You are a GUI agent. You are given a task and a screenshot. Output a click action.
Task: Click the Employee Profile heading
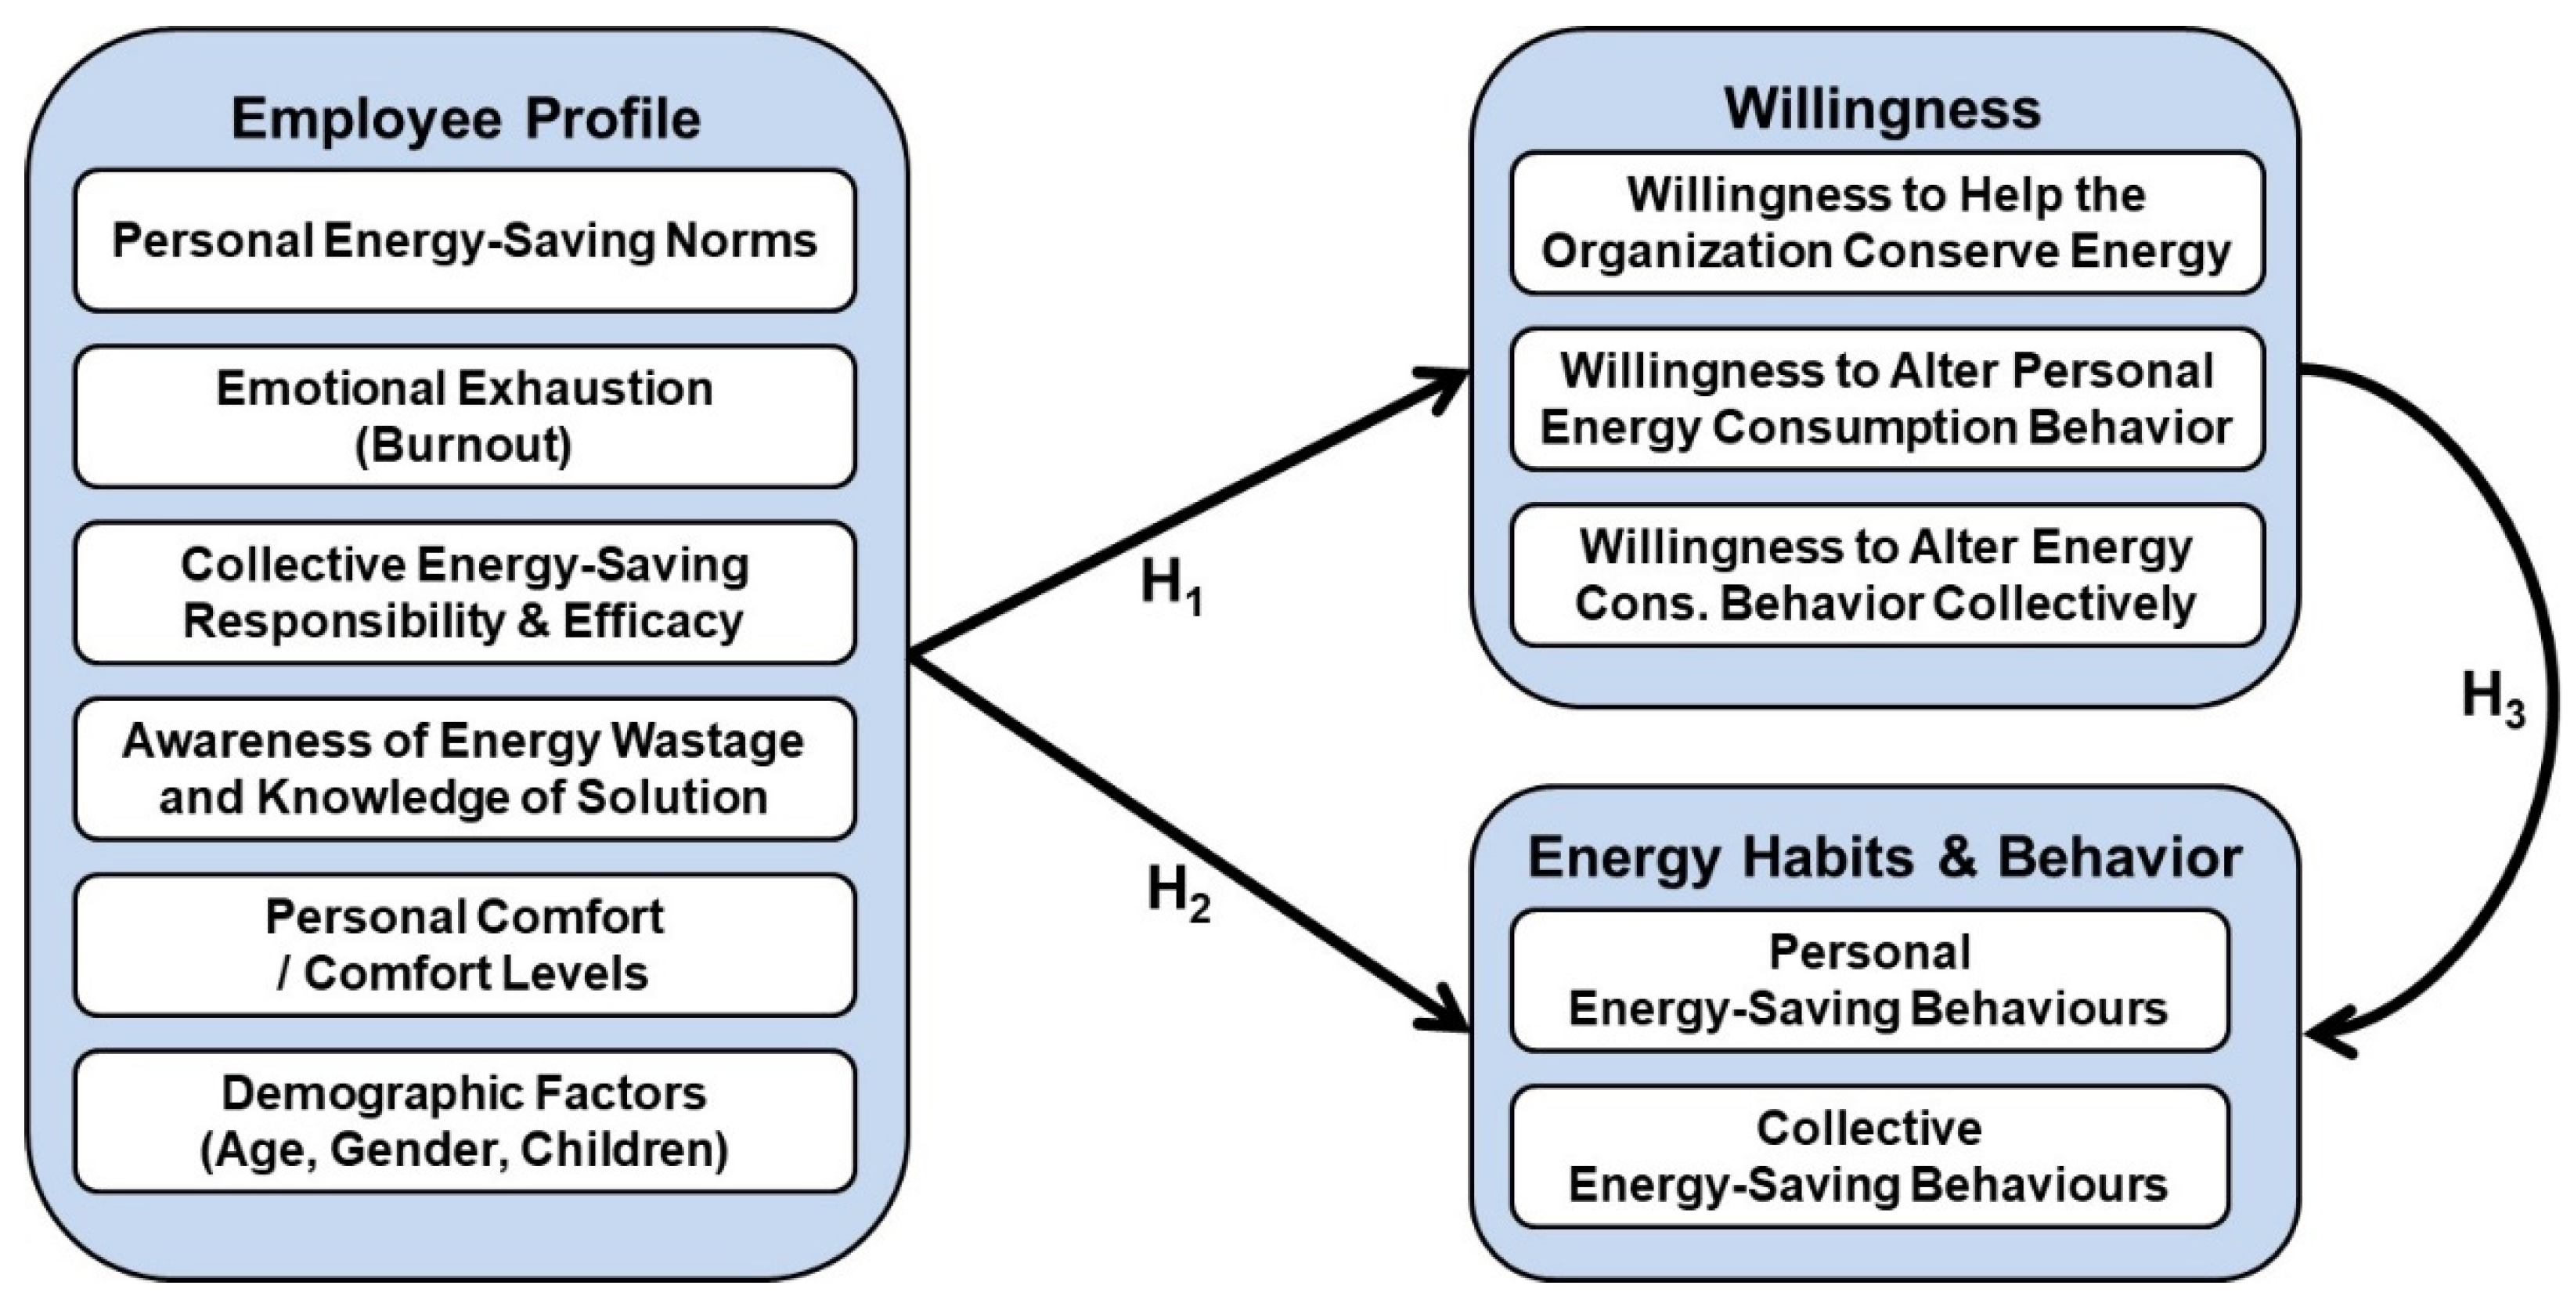466,120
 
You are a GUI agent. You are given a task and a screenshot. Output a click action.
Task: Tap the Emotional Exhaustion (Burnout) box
465,417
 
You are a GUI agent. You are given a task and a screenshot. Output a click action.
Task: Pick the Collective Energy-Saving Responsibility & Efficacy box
465,593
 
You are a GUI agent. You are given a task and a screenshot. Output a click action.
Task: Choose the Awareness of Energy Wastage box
465,768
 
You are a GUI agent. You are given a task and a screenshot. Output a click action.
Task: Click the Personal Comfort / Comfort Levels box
465,945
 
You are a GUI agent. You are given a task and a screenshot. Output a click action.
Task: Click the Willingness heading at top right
1883,109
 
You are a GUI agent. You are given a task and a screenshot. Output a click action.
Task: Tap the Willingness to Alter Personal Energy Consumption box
1887,399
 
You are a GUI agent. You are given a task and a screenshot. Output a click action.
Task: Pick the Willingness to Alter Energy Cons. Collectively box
1887,576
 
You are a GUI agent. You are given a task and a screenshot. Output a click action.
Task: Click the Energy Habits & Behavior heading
1884,857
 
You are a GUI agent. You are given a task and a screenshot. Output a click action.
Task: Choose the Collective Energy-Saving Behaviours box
1869,1156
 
